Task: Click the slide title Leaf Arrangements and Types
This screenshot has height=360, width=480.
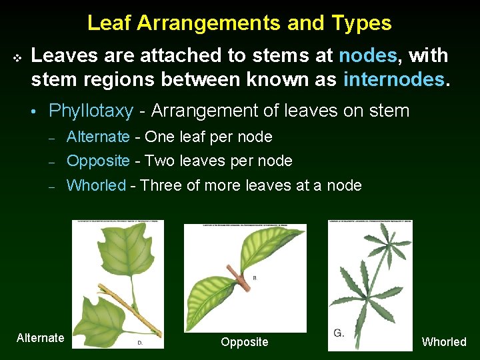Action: coord(239,23)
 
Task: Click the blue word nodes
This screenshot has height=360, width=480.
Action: coord(367,55)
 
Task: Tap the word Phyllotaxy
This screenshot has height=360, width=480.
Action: coord(91,111)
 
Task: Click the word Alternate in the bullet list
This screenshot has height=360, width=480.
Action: coord(98,137)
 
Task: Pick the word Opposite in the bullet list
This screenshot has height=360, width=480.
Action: coord(99,161)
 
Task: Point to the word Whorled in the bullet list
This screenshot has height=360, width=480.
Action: coord(96,185)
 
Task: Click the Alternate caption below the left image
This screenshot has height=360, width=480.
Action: coord(40,338)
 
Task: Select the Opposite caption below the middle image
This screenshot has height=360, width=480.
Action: coord(244,342)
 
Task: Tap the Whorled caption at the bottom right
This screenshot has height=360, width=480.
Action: coord(444,342)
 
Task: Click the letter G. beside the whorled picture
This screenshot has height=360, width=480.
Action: coord(339,333)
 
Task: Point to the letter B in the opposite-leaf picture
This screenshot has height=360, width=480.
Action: coord(254,278)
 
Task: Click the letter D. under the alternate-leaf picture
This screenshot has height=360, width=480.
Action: coord(141,342)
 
